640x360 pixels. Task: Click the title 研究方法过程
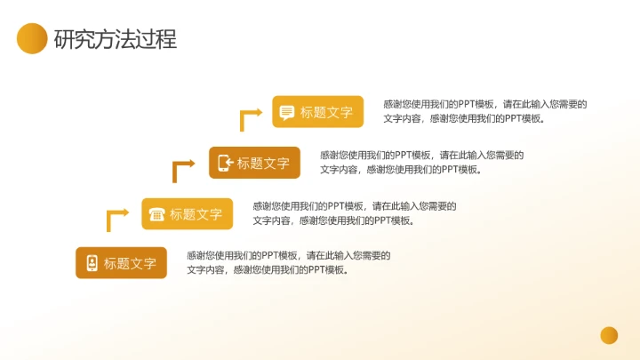(115, 39)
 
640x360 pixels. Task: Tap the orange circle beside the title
(32, 38)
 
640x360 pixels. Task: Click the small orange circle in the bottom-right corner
(609, 335)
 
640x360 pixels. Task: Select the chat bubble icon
(286, 112)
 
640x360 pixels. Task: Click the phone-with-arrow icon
(224, 163)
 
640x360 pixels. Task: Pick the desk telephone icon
(156, 214)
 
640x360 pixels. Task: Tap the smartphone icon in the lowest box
(91, 263)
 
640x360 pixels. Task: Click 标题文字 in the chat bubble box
(326, 112)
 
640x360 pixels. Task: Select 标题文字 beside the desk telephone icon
(196, 214)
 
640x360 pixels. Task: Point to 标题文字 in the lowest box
(130, 263)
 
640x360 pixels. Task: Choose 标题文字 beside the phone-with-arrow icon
(263, 163)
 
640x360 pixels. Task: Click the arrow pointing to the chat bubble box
(250, 117)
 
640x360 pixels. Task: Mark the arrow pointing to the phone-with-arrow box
(182, 168)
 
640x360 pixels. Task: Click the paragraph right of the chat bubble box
(484, 111)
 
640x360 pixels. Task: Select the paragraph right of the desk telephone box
(354, 213)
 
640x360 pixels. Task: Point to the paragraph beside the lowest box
(288, 262)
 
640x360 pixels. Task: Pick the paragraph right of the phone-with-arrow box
(421, 162)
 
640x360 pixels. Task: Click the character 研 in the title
(64, 39)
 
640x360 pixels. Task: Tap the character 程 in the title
(166, 39)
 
